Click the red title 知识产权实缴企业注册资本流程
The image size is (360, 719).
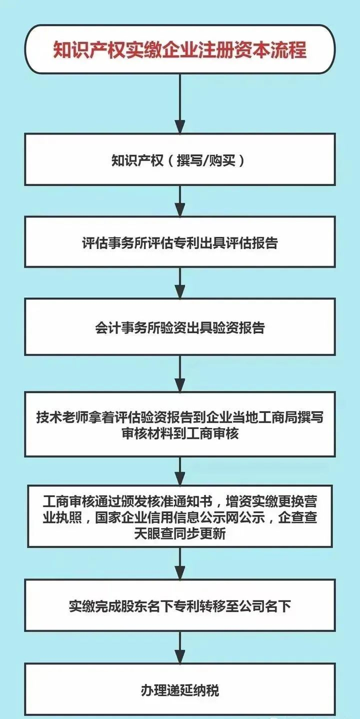(180, 50)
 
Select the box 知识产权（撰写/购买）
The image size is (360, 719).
(180, 159)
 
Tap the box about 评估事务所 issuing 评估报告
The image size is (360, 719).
(180, 242)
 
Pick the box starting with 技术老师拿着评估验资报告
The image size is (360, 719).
(180, 424)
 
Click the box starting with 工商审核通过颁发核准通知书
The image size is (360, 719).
(180, 516)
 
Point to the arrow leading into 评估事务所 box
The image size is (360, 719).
(180, 201)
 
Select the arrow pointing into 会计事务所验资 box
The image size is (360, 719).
(180, 283)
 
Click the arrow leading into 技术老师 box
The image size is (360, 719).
(180, 373)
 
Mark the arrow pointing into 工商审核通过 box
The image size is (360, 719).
(180, 471)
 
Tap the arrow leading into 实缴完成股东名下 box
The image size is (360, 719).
(180, 564)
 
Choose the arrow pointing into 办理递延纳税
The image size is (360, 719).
(180, 646)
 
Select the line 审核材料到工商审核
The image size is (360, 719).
(180, 433)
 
